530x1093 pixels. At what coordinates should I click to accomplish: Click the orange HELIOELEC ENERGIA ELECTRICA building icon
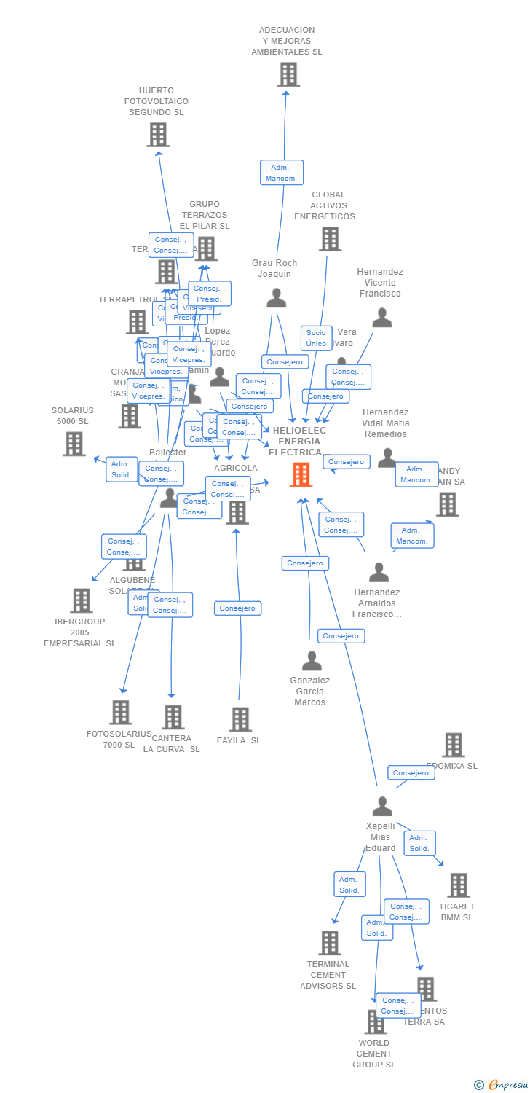301,474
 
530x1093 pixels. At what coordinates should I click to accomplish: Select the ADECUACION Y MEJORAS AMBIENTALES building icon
288,74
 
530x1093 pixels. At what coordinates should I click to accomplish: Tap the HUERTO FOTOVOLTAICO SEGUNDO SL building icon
158,135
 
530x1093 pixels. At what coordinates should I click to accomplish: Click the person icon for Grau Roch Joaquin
276,298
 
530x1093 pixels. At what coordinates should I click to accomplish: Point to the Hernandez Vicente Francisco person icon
381,318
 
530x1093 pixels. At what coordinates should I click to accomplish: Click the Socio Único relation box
316,338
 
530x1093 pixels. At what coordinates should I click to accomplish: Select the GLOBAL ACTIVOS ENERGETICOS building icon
330,239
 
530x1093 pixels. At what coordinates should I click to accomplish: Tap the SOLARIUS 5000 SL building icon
74,444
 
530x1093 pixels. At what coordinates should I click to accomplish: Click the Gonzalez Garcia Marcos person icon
312,661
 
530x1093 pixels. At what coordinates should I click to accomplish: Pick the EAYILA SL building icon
240,719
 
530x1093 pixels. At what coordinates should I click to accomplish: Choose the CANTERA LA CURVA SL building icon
173,717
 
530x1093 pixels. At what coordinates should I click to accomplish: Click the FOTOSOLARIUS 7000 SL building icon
120,712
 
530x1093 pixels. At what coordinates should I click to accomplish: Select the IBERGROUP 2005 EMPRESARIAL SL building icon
81,600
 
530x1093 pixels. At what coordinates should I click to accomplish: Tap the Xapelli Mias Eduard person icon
381,807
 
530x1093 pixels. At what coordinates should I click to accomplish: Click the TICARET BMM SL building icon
458,885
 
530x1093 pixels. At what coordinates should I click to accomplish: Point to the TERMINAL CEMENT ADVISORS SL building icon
329,943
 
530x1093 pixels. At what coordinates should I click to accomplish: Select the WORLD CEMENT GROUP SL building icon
375,1022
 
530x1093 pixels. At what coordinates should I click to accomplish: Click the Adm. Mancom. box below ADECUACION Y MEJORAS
282,173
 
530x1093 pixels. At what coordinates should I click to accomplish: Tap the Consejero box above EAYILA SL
237,608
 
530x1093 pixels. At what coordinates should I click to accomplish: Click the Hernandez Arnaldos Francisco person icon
379,573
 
